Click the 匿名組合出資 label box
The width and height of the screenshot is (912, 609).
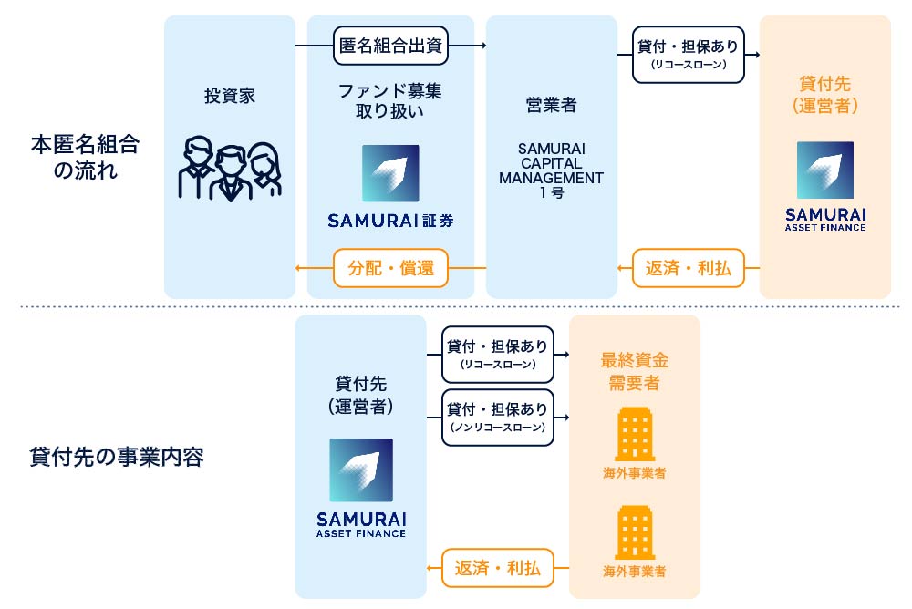click(391, 46)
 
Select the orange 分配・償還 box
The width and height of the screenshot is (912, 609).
click(390, 268)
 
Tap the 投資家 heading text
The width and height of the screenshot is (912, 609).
click(230, 95)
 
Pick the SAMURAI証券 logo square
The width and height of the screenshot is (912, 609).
click(390, 173)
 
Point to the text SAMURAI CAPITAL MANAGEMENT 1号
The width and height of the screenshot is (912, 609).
click(551, 170)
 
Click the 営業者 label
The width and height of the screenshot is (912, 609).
click(551, 105)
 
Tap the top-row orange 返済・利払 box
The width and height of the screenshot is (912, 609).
click(688, 268)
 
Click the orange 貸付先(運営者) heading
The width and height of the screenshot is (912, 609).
click(824, 95)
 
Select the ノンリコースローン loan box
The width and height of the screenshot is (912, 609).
click(498, 417)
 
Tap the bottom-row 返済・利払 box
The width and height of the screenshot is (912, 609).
click(498, 569)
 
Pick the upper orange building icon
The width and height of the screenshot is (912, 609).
click(634, 434)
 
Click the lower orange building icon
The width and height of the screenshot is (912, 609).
click(634, 532)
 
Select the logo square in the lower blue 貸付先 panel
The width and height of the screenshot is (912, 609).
click(361, 470)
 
